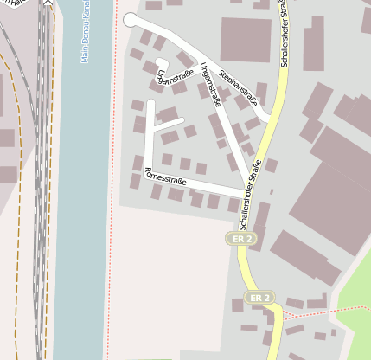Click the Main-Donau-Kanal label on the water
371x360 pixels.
[85, 32]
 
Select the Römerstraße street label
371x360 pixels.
[165, 176]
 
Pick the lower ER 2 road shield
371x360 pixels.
[259, 298]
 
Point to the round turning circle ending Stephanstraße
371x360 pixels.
[131, 20]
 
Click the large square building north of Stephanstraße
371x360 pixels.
[246, 39]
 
